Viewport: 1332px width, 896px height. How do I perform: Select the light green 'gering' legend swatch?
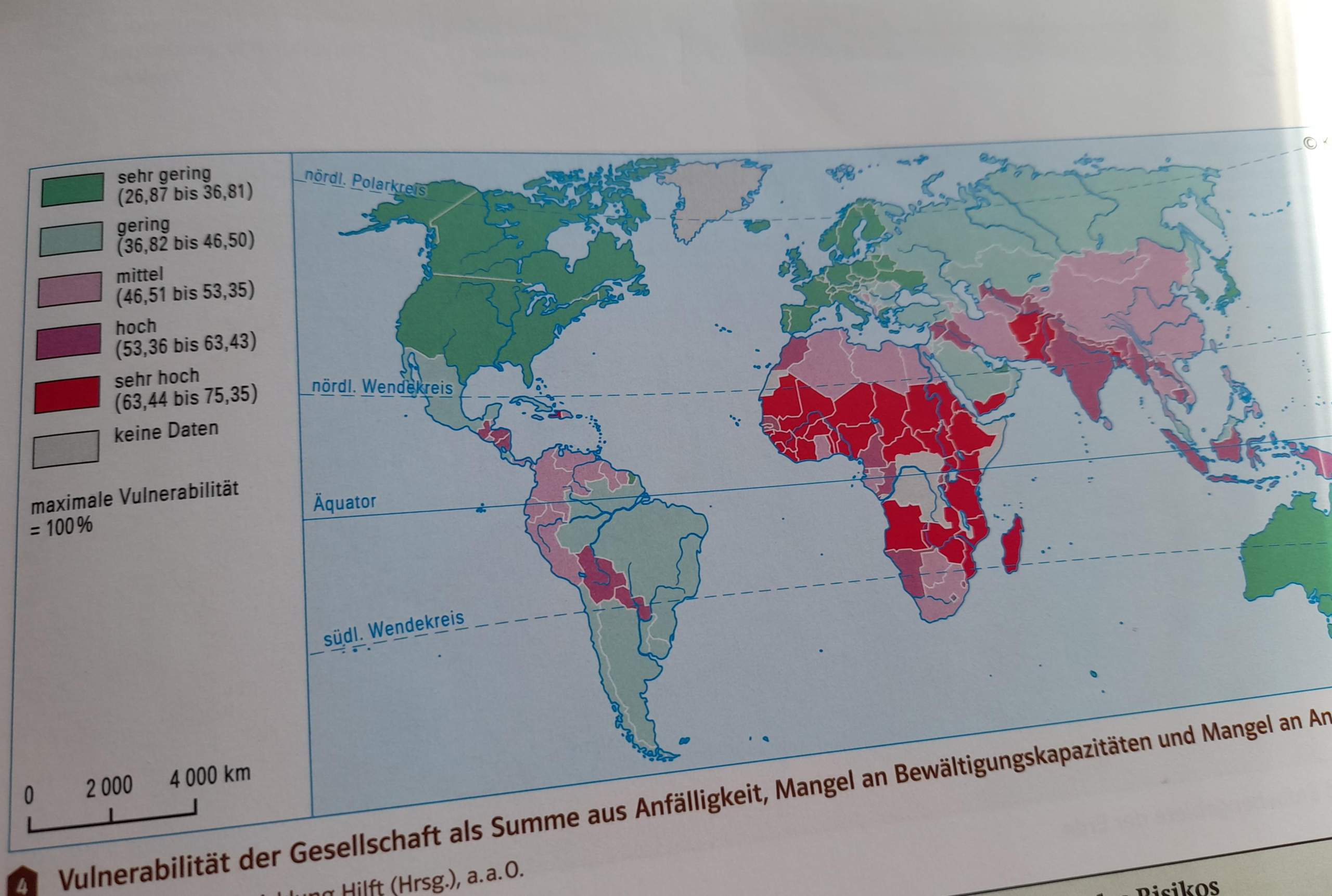click(71, 238)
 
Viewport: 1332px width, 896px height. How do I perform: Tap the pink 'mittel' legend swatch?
click(70, 289)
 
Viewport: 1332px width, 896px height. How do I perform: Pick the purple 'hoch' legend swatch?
click(69, 341)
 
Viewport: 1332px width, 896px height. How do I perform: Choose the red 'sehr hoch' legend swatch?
click(67, 394)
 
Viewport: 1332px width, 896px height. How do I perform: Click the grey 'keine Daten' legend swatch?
click(66, 449)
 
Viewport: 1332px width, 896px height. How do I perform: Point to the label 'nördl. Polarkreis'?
click(365, 181)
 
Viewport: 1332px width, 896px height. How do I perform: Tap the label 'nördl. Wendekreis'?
click(381, 387)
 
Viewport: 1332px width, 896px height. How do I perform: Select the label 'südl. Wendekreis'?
click(393, 629)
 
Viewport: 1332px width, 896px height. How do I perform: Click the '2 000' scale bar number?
click(109, 787)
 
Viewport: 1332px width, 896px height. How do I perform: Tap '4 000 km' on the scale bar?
click(210, 776)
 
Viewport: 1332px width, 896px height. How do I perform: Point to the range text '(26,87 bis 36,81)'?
click(185, 193)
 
